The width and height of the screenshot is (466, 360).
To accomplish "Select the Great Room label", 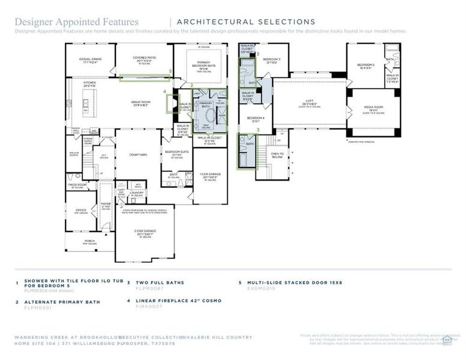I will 141,103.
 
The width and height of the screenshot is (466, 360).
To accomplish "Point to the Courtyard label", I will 138,155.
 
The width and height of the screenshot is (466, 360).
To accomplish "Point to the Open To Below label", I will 277,155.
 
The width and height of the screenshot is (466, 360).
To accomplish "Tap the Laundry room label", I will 136,193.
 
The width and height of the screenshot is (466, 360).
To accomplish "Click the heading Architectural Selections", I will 247,22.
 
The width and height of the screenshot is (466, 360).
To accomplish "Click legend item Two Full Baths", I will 160,282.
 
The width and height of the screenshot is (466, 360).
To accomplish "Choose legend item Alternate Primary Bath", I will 62,302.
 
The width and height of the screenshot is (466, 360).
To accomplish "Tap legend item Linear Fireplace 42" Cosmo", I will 179,301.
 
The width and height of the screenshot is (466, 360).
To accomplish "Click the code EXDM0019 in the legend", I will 261,288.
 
